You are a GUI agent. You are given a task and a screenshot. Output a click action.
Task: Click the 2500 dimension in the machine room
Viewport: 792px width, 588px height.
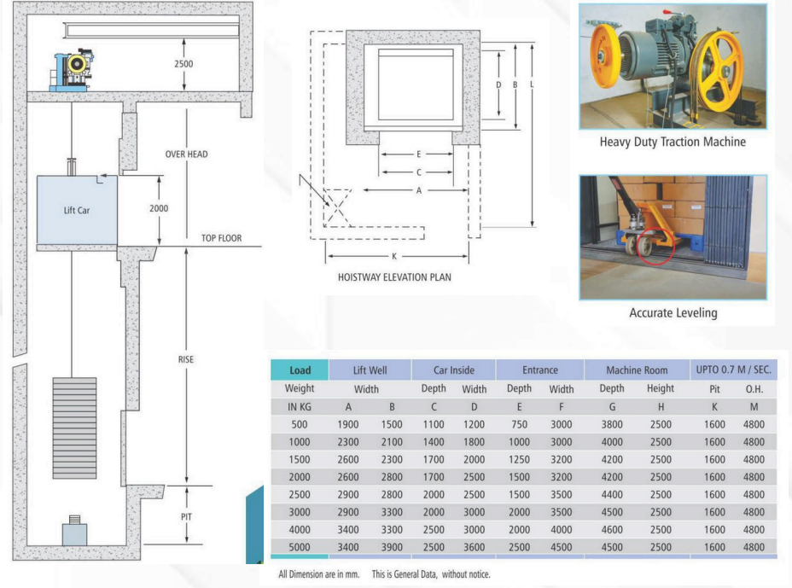183,64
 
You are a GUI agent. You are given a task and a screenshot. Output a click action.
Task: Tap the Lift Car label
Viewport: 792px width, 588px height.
77,210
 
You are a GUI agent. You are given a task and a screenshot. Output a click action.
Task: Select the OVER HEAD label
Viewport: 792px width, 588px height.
186,154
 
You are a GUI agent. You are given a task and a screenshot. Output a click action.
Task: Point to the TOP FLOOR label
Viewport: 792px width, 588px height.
221,238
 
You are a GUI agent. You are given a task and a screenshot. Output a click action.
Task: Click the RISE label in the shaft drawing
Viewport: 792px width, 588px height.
186,359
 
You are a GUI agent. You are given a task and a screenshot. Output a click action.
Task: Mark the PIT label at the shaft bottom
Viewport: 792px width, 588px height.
186,516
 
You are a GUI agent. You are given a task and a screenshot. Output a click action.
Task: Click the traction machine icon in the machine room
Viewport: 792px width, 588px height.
73,70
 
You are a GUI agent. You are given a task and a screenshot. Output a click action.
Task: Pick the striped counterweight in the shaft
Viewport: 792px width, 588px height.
74,428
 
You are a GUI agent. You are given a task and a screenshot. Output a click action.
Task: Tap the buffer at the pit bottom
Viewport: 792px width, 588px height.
74,531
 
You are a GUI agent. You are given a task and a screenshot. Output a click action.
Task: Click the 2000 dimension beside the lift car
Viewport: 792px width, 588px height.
159,208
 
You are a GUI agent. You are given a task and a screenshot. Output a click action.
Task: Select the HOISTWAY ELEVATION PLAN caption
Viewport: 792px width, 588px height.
394,277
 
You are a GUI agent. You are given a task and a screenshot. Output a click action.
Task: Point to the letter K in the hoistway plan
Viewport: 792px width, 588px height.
394,256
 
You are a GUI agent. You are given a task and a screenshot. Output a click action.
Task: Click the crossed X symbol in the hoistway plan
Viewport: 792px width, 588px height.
337,207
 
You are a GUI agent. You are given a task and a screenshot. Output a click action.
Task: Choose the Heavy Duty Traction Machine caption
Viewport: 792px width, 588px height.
673,142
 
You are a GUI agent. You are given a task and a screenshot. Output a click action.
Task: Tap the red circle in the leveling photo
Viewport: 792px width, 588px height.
655,247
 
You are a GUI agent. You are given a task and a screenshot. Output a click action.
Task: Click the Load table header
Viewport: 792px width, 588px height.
300,370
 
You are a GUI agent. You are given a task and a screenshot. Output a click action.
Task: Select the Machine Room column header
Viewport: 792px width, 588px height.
637,370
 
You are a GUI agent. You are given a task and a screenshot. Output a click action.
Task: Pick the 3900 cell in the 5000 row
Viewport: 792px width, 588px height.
392,547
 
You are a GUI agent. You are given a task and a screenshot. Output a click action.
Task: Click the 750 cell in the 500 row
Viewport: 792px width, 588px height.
519,424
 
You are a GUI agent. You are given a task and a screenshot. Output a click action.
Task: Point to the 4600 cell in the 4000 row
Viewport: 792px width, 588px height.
612,529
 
